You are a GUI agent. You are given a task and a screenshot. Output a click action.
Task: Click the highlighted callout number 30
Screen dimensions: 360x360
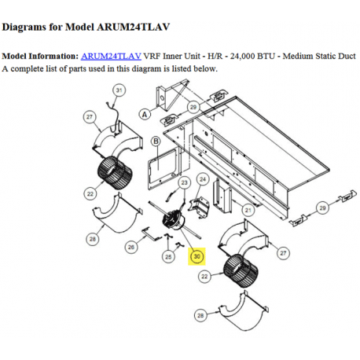point(197,256)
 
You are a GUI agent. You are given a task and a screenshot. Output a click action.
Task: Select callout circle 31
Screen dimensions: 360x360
point(119,90)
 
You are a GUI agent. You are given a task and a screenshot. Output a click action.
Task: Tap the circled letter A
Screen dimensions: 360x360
point(145,114)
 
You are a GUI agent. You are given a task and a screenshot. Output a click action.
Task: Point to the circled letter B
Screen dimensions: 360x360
point(156,141)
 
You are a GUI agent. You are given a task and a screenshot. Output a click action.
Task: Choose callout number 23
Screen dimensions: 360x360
point(185,182)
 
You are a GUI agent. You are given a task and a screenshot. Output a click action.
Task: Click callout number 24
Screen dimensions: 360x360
point(203,179)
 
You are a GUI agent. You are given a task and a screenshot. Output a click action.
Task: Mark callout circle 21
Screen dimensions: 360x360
point(248,210)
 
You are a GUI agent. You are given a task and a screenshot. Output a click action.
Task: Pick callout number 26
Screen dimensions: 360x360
point(131,247)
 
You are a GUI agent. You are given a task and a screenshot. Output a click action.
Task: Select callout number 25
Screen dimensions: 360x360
point(168,257)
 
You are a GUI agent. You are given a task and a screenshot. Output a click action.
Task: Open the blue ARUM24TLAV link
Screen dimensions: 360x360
point(111,56)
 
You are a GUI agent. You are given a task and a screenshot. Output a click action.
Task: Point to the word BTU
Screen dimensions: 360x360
point(268,56)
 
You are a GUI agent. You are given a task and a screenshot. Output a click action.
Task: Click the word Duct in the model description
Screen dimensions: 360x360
point(346,56)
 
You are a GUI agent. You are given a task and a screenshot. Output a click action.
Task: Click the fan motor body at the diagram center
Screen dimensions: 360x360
point(173,220)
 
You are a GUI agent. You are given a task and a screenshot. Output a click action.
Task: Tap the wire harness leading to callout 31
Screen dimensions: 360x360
point(113,116)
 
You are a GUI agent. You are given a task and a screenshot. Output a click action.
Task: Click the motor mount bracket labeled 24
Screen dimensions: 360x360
point(200,208)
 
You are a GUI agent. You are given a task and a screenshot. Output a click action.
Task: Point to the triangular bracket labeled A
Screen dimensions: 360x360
point(171,95)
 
